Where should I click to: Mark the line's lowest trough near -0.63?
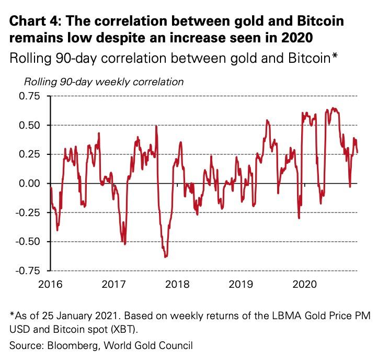pos(166,257)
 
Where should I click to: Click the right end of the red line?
pos(358,152)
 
